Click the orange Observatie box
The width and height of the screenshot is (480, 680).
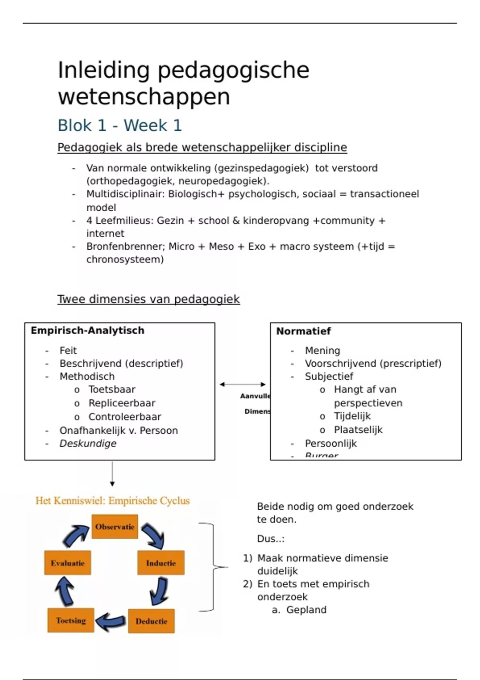115,527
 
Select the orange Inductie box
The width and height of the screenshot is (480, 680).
161,563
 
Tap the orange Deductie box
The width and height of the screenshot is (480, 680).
151,621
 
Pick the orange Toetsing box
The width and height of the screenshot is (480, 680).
71,620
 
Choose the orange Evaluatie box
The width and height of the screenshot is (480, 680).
68,563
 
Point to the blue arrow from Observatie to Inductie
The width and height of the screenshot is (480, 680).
153,535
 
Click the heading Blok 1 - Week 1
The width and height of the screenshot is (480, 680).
120,125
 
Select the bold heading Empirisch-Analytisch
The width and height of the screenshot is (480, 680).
87,330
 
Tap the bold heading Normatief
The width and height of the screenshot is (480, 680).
303,331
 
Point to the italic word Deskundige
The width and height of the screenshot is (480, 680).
88,443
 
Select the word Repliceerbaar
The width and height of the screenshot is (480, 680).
122,403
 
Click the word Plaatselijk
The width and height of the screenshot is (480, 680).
358,430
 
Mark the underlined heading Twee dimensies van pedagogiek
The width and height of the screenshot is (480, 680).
148,299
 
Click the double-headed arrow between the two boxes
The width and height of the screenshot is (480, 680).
242,384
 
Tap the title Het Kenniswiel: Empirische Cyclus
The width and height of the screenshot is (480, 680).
112,501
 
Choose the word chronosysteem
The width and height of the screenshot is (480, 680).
125,259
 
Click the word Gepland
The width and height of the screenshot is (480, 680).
306,610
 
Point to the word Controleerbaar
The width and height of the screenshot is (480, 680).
124,417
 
